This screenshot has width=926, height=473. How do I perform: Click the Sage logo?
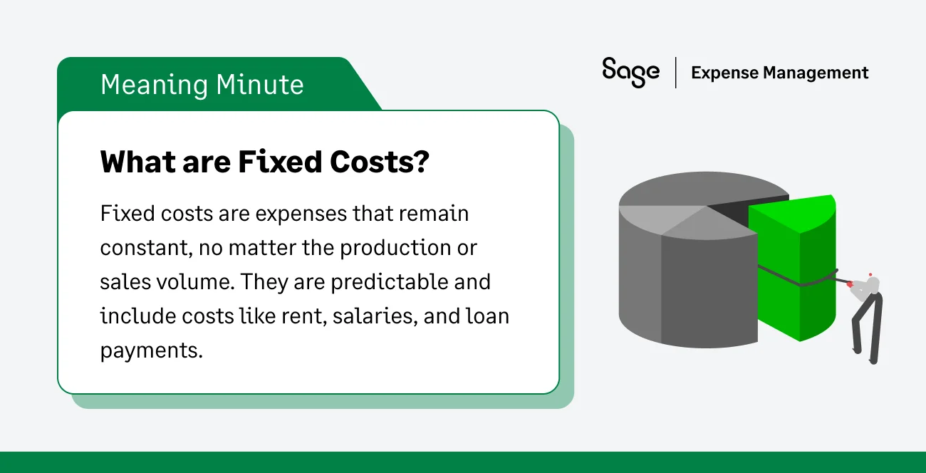(630, 72)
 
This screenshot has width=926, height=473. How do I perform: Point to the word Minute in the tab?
(260, 85)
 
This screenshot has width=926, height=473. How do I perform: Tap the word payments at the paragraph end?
(150, 350)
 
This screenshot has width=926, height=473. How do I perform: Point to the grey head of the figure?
(872, 284)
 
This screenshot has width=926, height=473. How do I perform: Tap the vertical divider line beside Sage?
(675, 73)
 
